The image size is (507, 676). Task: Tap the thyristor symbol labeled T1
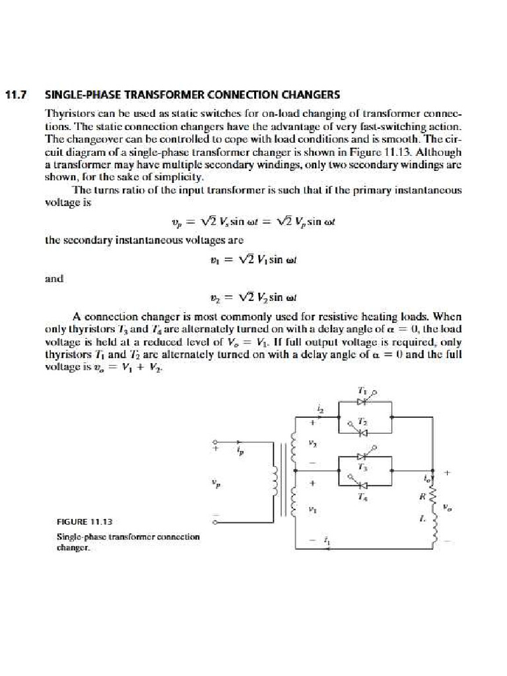click(x=361, y=401)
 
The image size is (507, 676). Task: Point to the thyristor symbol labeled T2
click(x=361, y=432)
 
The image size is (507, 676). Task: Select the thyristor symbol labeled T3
click(x=361, y=456)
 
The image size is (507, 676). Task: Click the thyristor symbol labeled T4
click(x=361, y=487)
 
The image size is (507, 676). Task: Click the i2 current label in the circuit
click(x=321, y=410)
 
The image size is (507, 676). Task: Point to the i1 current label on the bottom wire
click(x=326, y=540)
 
